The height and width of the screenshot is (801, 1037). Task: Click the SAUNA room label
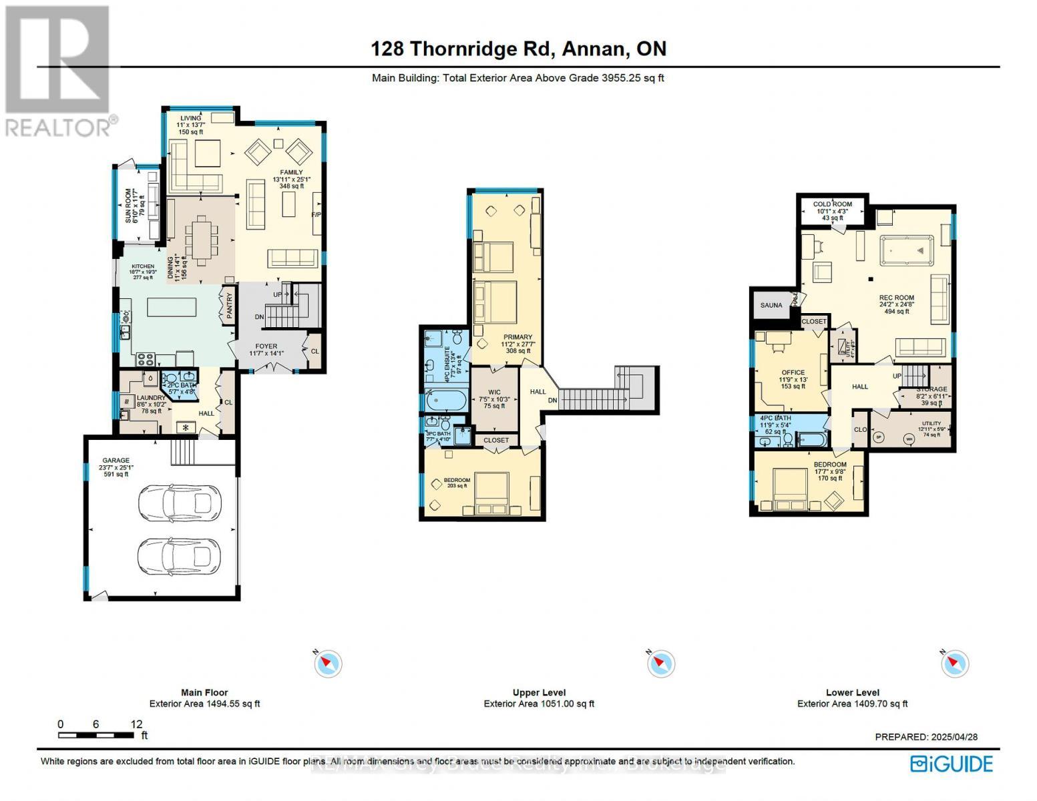[771, 305]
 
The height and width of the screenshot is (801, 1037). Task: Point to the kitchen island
[172, 308]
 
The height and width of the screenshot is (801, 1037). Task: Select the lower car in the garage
[178, 553]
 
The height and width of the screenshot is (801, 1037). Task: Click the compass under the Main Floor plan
[328, 663]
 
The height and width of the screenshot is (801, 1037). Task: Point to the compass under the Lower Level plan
[955, 663]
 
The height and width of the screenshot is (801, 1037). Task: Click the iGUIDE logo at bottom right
[952, 764]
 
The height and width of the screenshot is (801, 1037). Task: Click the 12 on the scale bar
[137, 724]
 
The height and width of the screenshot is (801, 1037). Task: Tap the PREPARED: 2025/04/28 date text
[926, 737]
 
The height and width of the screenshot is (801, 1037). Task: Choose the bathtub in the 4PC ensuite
[445, 403]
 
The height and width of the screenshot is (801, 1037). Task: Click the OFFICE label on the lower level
[793, 372]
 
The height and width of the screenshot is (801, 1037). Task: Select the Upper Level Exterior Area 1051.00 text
[539, 704]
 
